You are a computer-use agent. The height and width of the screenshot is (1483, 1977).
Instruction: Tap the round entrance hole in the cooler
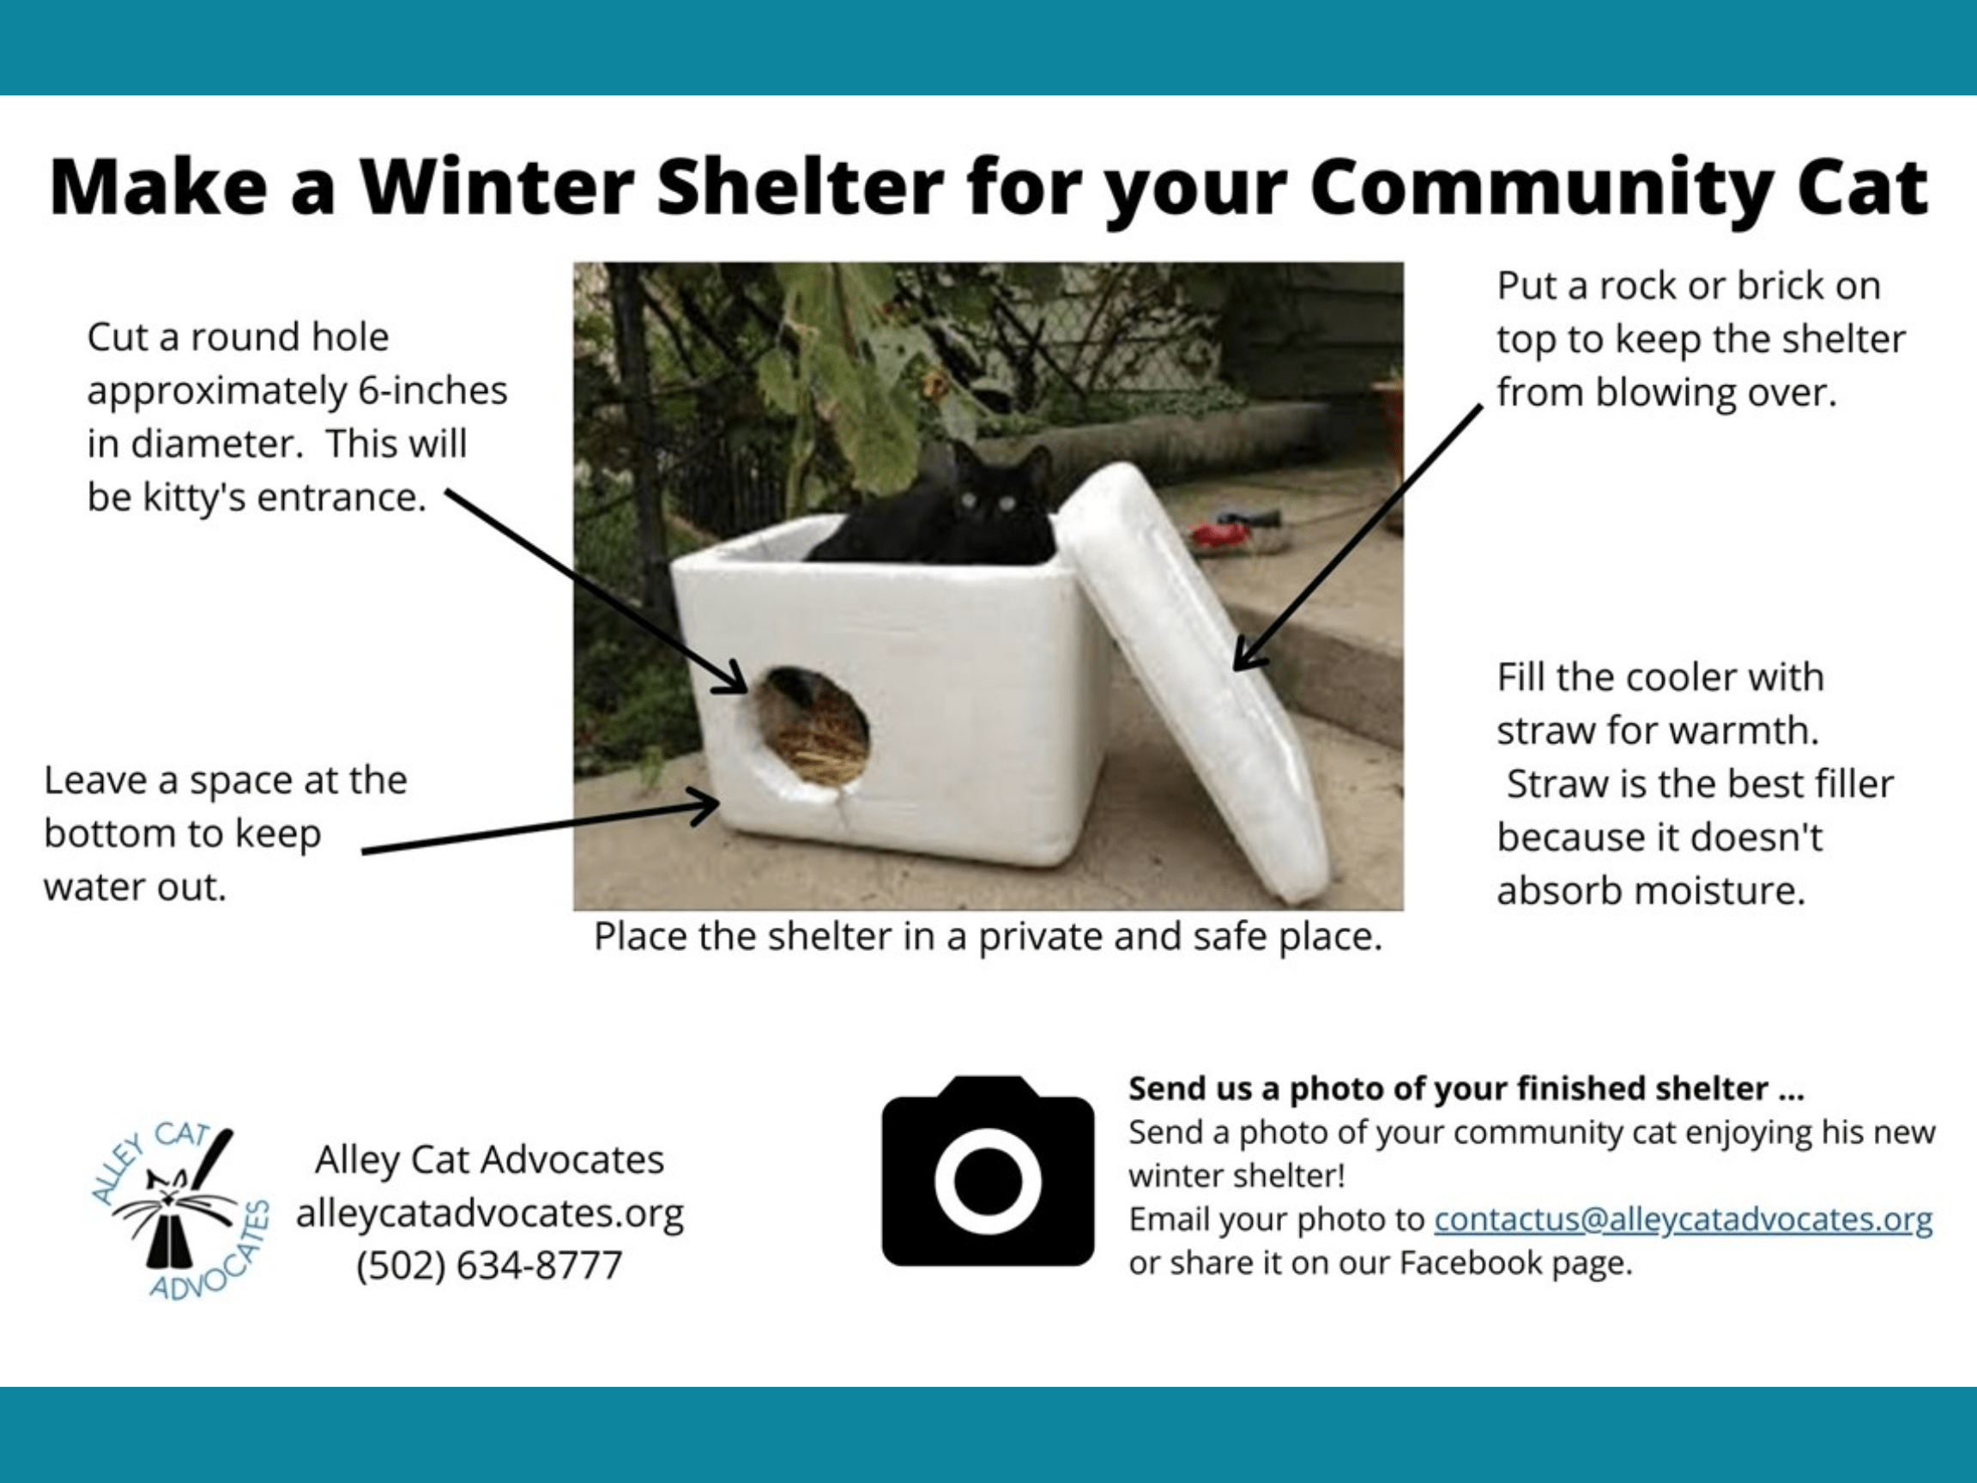(x=813, y=727)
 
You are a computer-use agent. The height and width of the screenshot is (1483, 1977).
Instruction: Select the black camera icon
(x=988, y=1170)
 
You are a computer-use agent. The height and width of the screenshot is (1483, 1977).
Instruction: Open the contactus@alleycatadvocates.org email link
(x=1683, y=1220)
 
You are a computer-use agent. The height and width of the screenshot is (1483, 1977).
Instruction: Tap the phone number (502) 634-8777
(x=489, y=1266)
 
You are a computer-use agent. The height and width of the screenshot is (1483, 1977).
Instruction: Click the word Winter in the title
(x=497, y=188)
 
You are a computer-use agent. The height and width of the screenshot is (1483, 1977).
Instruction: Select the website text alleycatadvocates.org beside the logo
(x=490, y=1213)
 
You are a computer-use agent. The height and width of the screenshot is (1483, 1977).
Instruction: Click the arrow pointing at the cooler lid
(x=1357, y=537)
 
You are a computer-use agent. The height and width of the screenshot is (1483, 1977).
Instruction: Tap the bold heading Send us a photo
(x=1466, y=1088)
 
